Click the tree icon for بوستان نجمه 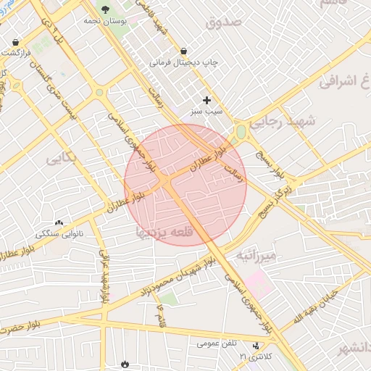coord(107,9)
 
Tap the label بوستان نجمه coord(105,22)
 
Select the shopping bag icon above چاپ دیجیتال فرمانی coord(183,51)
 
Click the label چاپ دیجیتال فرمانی coord(183,63)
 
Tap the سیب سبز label coord(207,112)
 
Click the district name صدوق coord(222,22)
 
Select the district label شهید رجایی coord(284,122)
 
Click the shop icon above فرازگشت coord(16,42)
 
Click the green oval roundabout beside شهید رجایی coord(241,132)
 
